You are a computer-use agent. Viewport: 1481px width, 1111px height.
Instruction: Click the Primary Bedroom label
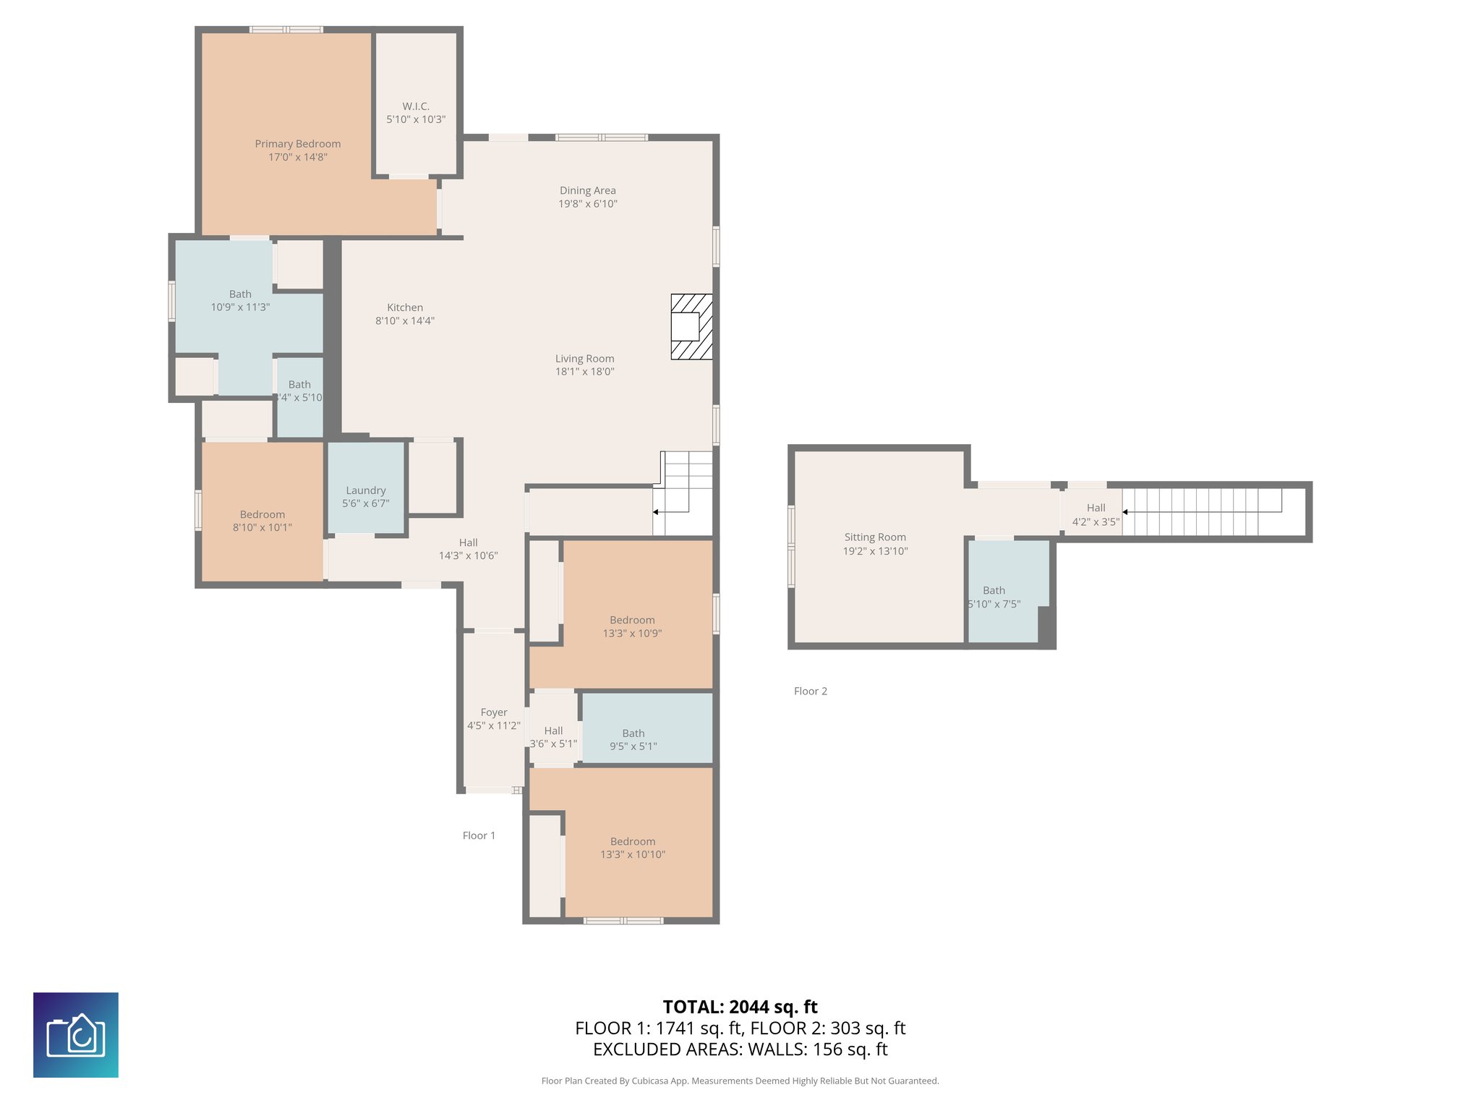tap(297, 144)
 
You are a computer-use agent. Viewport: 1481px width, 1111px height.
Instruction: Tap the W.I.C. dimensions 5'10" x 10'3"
tap(416, 119)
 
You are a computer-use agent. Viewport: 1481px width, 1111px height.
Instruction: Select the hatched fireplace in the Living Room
tap(691, 327)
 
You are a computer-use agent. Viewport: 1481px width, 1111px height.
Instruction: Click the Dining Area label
tap(587, 191)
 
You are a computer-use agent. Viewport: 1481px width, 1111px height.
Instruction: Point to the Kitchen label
tap(405, 307)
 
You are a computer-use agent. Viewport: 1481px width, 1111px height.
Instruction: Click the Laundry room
tap(366, 496)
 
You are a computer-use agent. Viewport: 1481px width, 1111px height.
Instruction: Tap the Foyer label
tap(494, 712)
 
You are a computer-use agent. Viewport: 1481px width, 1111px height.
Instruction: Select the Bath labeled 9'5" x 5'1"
tap(633, 739)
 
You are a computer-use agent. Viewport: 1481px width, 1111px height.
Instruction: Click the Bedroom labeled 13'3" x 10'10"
tap(633, 848)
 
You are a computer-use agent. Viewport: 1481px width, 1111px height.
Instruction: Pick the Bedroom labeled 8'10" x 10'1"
tap(262, 521)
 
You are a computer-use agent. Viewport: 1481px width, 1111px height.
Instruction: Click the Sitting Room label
tap(875, 537)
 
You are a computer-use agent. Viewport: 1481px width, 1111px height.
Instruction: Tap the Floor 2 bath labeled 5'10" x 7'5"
tap(994, 597)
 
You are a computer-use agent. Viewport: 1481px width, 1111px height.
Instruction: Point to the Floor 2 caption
tap(810, 691)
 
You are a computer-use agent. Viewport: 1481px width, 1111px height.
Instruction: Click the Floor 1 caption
tap(479, 835)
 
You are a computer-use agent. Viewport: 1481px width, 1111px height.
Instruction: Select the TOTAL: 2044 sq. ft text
tap(740, 1007)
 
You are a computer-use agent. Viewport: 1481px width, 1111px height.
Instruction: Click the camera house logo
tap(76, 1035)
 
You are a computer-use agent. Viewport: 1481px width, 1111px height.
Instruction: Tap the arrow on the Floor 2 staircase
tap(1125, 512)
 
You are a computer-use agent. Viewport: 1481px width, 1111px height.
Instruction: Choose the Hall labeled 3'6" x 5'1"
tap(553, 737)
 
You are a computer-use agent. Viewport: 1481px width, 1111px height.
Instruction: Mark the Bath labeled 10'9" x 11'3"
tap(240, 300)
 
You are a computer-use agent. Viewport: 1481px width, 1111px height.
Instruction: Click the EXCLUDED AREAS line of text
tap(740, 1050)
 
